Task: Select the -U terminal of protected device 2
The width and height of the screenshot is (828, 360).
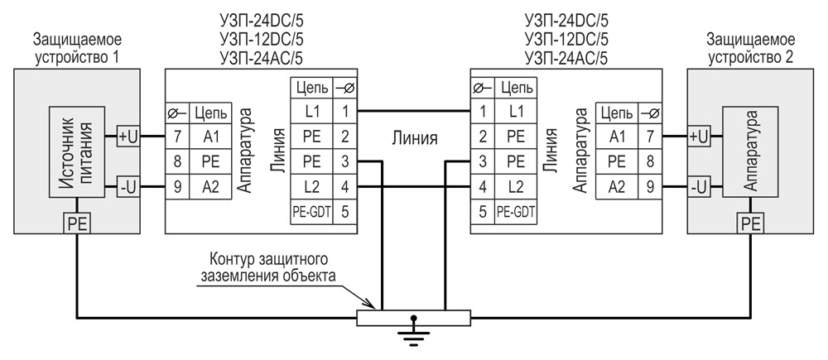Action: pos(699,186)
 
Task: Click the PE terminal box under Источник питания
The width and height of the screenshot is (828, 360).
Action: pos(76,222)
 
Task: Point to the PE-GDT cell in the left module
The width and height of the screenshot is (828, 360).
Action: pos(311,211)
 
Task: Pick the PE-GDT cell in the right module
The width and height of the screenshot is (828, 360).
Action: pos(515,211)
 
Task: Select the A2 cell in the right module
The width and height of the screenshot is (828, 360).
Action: pos(617,186)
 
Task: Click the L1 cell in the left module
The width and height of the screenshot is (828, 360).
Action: pos(311,110)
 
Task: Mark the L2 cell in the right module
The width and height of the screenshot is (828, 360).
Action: pos(515,186)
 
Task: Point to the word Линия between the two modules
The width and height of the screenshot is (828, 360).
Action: pos(414,137)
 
